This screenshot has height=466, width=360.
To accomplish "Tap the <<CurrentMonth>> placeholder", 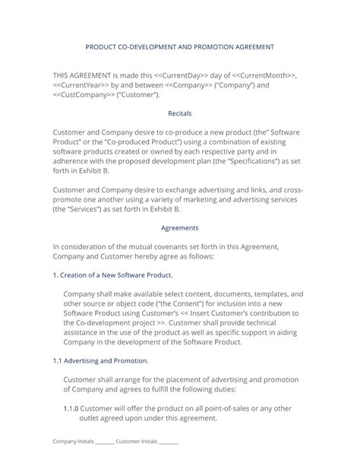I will [x=267, y=76].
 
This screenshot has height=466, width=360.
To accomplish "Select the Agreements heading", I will [x=179, y=227].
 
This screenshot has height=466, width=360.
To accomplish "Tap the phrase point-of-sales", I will [x=218, y=407].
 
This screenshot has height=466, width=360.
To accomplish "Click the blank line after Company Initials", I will [x=104, y=442].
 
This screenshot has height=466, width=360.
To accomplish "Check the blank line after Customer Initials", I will [x=168, y=442].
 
